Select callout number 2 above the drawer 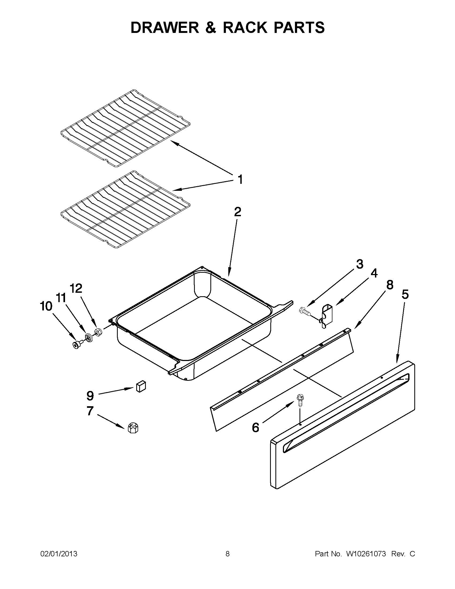click(x=237, y=212)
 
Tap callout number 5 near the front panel click(x=405, y=294)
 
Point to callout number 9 click(x=90, y=396)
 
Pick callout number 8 click(x=390, y=285)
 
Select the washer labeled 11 click(x=88, y=338)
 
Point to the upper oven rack click(x=126, y=128)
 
